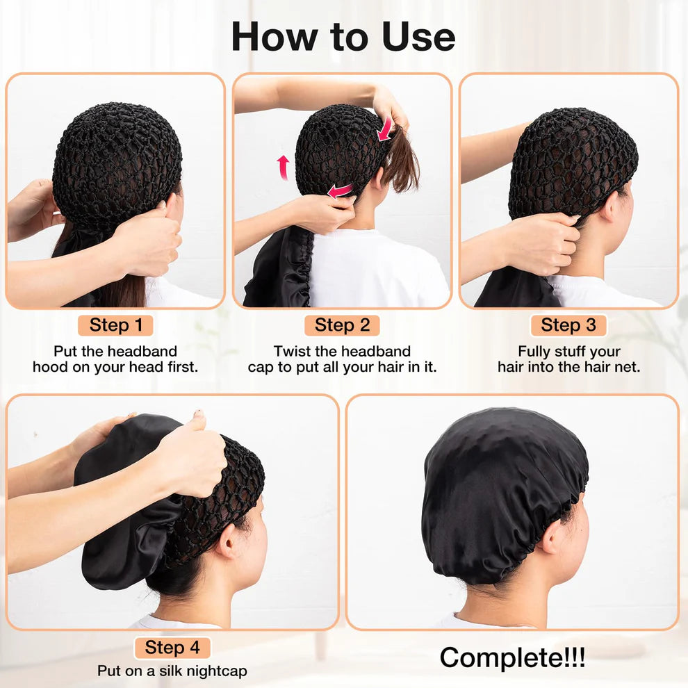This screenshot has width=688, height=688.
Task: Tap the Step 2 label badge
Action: coord(342,325)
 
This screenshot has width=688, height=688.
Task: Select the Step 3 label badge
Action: coord(568,325)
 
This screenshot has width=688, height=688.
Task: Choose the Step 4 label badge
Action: coord(172,648)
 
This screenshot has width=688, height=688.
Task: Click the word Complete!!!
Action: coord(512,657)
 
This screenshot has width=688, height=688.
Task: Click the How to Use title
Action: coord(343,36)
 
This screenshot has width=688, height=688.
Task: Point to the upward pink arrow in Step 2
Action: coord(283,167)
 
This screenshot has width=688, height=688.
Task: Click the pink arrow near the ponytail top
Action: coord(384,129)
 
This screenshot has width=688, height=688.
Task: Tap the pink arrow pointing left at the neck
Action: coord(340,190)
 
